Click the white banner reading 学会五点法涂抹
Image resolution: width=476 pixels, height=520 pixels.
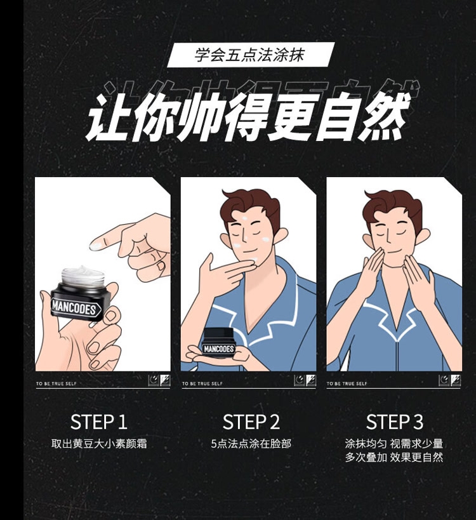click(251, 55)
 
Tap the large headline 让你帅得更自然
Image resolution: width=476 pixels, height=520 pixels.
click(248, 117)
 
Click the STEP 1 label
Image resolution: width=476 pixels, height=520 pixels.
click(99, 422)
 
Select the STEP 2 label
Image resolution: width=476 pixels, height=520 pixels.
click(251, 422)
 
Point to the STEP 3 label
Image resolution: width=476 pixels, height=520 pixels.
click(395, 422)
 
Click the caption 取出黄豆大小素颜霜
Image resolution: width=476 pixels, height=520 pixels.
click(99, 444)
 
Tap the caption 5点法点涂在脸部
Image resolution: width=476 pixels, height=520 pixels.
click(251, 444)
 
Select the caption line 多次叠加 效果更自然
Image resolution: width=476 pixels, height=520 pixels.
click(393, 457)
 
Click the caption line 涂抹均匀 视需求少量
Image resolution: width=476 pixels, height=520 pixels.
click(393, 444)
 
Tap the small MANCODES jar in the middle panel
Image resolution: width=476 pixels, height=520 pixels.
click(219, 342)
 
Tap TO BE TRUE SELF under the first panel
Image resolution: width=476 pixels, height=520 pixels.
click(56, 383)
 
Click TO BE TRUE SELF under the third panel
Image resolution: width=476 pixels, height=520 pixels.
click(347, 383)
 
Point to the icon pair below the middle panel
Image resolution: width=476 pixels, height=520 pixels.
click(305, 380)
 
